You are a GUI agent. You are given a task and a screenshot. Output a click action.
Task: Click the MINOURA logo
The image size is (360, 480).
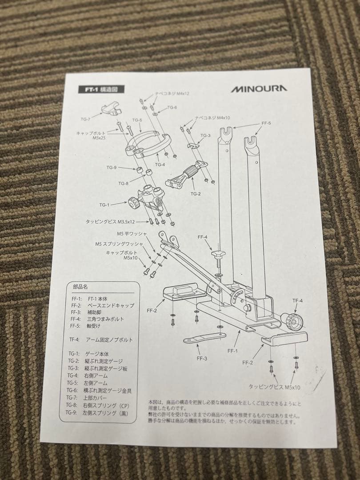pyautogui.click(x=258, y=88)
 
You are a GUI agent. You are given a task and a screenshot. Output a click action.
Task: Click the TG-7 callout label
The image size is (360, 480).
pyautogui.click(x=85, y=119)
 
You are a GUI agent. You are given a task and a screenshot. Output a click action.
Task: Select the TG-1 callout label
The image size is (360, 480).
pyautogui.click(x=104, y=205)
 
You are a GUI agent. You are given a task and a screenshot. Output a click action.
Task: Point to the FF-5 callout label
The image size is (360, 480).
pyautogui.click(x=266, y=123)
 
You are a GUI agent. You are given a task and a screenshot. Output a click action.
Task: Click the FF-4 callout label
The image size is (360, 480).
pyautogui.click(x=202, y=237)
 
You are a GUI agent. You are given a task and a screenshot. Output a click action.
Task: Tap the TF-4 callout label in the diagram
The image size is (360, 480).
pyautogui.click(x=297, y=301)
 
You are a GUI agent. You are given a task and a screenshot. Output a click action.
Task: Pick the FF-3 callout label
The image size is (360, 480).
pyautogui.click(x=201, y=358)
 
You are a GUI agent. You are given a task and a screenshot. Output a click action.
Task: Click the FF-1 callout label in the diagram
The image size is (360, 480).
pyautogui.click(x=232, y=351)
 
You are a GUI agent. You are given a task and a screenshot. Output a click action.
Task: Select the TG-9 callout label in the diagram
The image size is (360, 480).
pyautogui.click(x=111, y=168)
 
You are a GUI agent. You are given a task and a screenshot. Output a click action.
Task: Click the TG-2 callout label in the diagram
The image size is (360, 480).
pyautogui.click(x=196, y=193)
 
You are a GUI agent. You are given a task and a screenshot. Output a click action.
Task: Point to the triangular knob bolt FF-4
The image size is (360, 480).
pyautogui.click(x=218, y=254)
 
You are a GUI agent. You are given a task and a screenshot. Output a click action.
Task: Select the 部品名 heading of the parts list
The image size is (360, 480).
pyautogui.click(x=80, y=287)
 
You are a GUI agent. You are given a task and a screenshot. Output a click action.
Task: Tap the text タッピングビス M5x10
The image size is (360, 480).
pyautogui.click(x=274, y=387)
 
